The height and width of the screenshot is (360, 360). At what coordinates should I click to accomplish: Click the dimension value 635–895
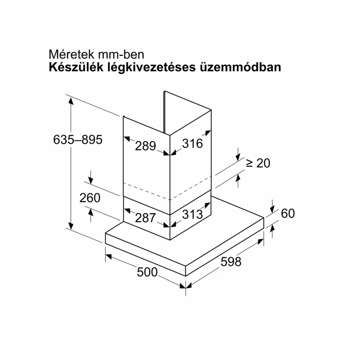click(x=77, y=139)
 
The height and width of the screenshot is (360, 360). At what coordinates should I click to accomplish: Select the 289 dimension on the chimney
click(x=145, y=146)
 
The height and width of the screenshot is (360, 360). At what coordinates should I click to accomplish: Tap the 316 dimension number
click(x=193, y=144)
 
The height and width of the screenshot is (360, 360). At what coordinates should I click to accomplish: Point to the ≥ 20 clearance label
click(x=258, y=163)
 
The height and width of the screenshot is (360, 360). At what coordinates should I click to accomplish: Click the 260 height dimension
click(x=90, y=198)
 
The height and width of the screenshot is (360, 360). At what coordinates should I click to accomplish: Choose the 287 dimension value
click(x=145, y=218)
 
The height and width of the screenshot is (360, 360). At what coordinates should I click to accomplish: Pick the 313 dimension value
click(x=193, y=215)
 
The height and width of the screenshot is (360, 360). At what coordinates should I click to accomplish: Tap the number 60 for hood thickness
click(x=288, y=213)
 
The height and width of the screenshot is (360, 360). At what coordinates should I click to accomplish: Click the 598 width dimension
click(x=231, y=262)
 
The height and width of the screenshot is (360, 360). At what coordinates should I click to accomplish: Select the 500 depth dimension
click(x=147, y=272)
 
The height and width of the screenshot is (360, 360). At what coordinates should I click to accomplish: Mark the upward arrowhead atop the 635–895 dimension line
click(x=71, y=101)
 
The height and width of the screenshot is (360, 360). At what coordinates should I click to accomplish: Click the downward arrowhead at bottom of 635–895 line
click(x=71, y=226)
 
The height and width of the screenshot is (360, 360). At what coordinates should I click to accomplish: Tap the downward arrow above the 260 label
click(x=91, y=180)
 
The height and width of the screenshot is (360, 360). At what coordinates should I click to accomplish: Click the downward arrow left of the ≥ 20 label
click(x=238, y=157)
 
